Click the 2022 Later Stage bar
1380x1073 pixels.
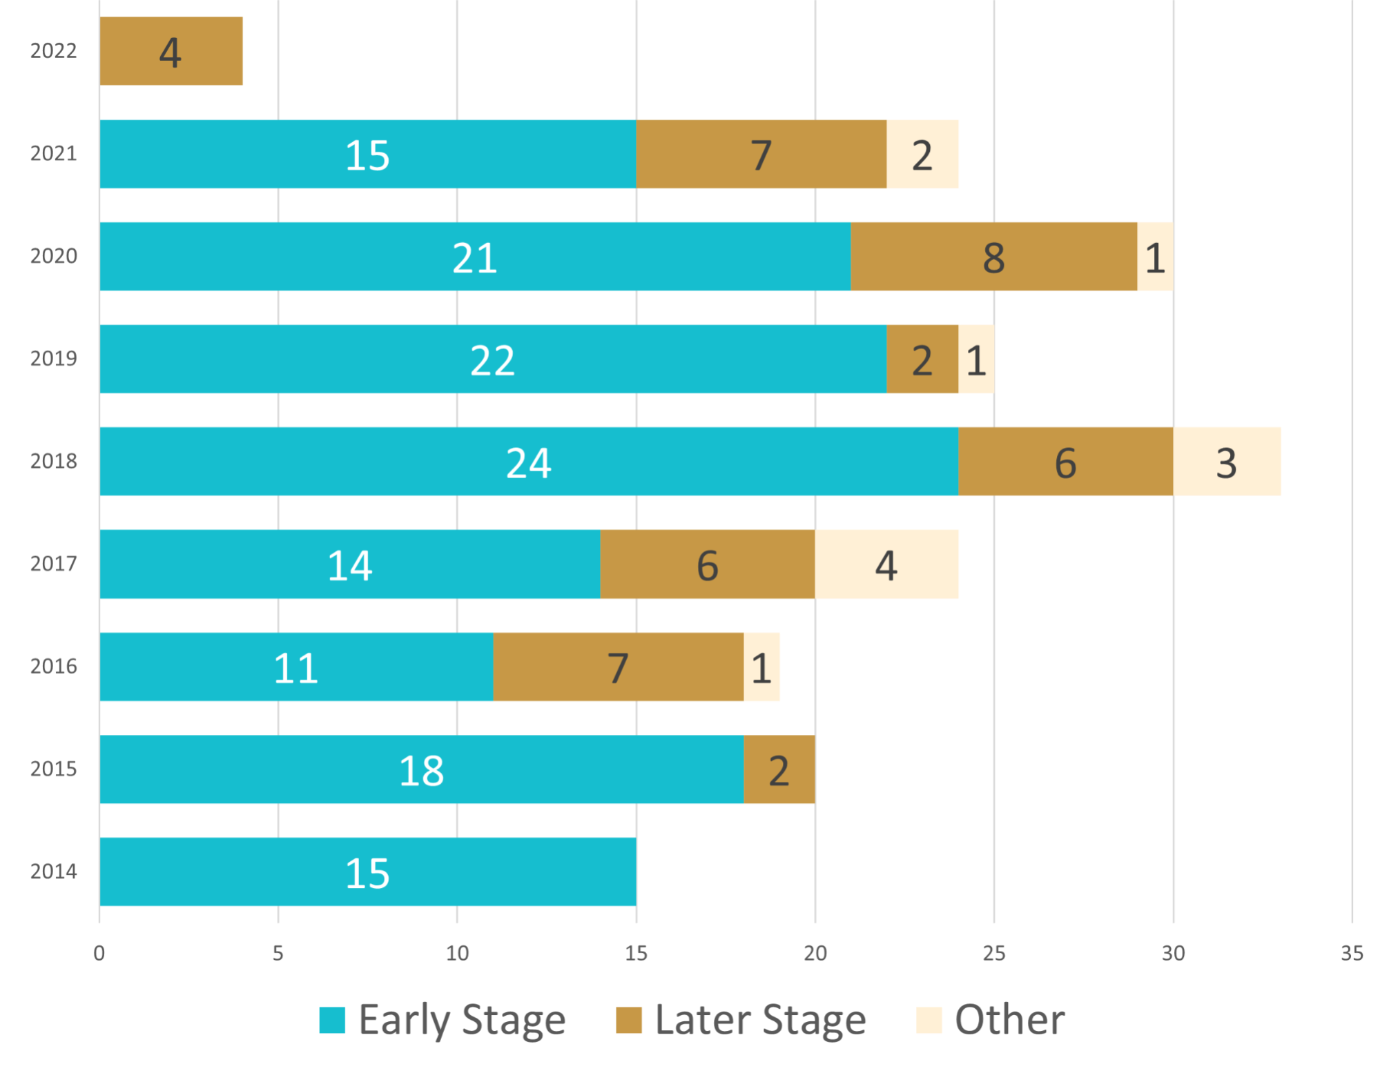(x=171, y=51)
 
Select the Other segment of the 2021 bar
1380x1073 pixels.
(x=922, y=154)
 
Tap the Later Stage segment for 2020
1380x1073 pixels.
(x=993, y=257)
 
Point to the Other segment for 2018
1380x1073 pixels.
(x=1227, y=462)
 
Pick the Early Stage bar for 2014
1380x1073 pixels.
(x=367, y=872)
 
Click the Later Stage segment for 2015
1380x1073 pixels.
(x=779, y=769)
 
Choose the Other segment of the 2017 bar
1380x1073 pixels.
(x=886, y=564)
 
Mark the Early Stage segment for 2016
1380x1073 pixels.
(x=296, y=667)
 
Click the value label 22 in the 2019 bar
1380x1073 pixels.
(x=492, y=360)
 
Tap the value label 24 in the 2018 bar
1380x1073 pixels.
(x=528, y=462)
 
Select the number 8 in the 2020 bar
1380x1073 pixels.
(x=993, y=258)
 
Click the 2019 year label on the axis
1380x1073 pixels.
(x=53, y=359)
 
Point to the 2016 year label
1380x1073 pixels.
(x=53, y=667)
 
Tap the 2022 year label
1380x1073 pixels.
(x=53, y=51)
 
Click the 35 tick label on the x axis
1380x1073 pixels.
(x=1352, y=954)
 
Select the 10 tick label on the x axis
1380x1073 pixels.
(x=457, y=954)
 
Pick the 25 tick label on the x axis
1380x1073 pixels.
(x=994, y=954)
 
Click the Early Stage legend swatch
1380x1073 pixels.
(x=332, y=1021)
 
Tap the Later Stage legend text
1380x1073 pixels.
(x=760, y=1020)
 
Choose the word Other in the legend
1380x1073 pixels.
(x=1009, y=1020)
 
